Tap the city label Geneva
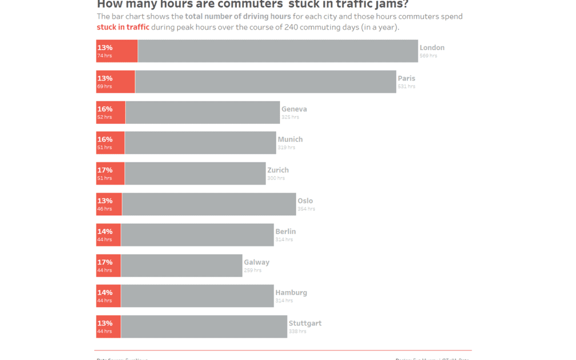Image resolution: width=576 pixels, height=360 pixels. pos(294,109)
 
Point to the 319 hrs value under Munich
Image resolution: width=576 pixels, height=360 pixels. pos(286,148)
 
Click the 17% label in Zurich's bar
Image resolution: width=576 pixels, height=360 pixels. pos(105,170)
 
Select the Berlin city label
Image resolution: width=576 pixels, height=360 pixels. pos(285,231)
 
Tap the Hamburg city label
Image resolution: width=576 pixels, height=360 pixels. pos(291,293)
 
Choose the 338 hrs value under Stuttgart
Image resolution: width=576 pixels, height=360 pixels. pos(297,332)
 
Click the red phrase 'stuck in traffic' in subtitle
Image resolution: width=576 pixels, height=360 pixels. pos(123,27)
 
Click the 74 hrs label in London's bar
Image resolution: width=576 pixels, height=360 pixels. pos(105,56)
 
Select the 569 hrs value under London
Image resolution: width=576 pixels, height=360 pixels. pos(428,56)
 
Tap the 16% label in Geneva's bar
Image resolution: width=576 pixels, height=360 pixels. pos(105,109)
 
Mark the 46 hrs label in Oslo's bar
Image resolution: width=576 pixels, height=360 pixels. pos(105,209)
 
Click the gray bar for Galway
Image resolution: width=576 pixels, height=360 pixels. pos(181,266)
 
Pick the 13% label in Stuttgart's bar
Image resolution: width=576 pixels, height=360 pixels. pos(105,323)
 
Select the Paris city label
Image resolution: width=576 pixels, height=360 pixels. pos(406,78)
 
